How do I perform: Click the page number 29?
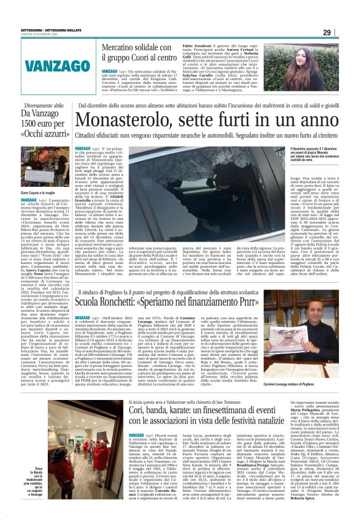pos(344,32)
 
